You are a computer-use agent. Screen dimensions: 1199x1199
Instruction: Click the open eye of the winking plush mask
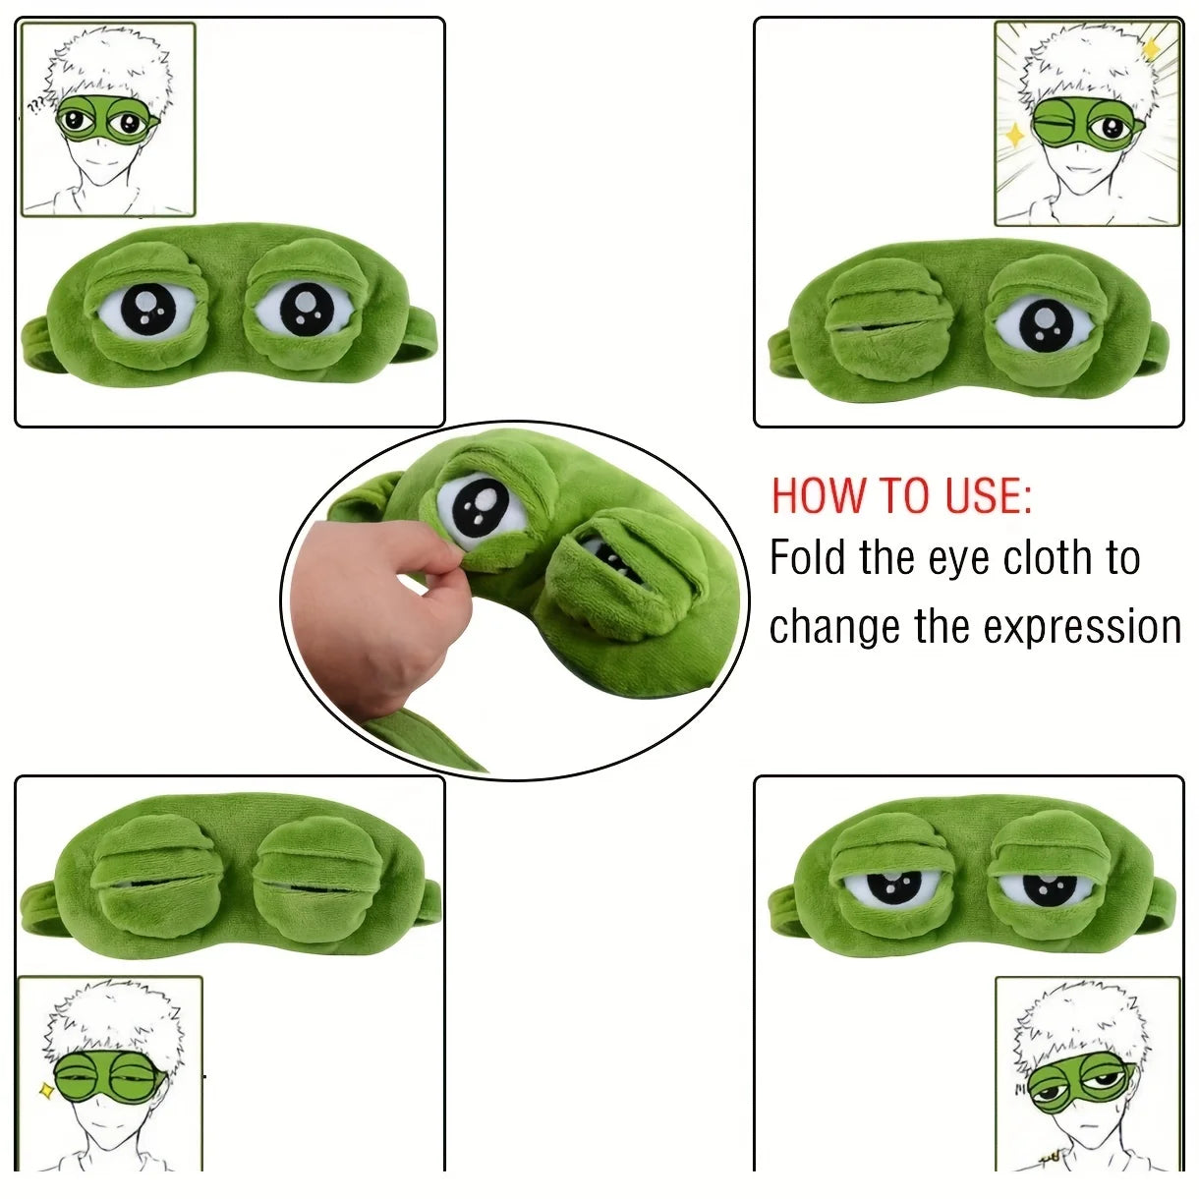(1044, 324)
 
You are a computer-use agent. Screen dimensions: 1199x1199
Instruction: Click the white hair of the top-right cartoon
(1081, 64)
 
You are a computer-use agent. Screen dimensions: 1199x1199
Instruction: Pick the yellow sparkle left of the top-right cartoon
(1013, 134)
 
